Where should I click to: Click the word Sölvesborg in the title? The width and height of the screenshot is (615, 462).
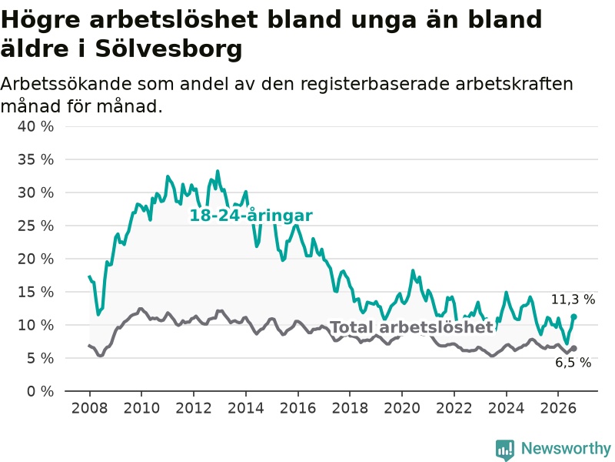168,49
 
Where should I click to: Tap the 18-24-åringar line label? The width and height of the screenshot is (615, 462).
251,216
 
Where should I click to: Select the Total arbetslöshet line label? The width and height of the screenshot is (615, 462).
411,326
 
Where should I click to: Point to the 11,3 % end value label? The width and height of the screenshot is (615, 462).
573,300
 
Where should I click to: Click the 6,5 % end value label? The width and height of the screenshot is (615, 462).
573,363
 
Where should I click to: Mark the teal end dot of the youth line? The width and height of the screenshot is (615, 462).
573,316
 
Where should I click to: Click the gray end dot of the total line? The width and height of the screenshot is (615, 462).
573,349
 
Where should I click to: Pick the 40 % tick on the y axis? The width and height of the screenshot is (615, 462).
35,126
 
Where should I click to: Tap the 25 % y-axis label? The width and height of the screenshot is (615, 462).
35,226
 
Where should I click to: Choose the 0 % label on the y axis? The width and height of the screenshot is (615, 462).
41,391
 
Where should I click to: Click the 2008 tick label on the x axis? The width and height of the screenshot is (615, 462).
89,408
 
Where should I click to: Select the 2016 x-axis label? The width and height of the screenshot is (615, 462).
298,408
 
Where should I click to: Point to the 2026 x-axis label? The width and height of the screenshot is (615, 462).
558,408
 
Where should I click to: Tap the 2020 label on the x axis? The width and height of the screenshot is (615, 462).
402,408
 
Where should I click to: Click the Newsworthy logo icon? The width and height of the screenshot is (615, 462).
505,450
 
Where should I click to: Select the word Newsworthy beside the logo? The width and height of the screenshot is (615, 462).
566,448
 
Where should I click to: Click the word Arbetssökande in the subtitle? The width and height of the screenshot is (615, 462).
65,84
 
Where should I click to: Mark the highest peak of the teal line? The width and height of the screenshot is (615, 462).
218,171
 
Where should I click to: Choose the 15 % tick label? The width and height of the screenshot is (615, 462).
35,293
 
